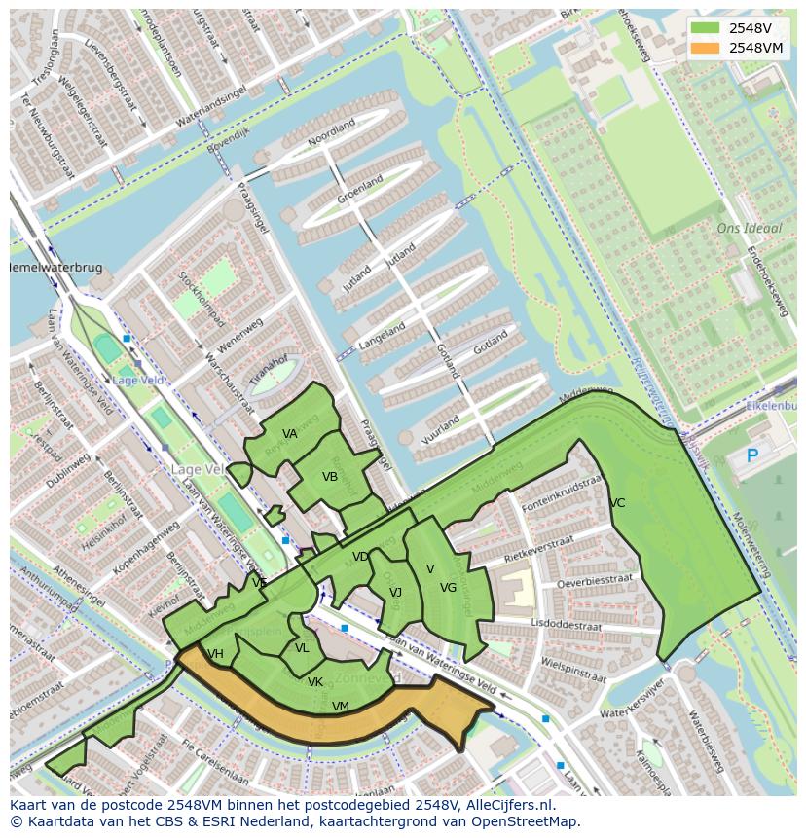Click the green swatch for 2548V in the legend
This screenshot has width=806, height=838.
[x=706, y=28]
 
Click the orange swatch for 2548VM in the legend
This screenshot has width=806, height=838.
[x=706, y=47]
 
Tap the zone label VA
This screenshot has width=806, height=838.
[x=290, y=434]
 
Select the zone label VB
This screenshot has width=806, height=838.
[x=330, y=477]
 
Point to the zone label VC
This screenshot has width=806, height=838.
[x=617, y=503]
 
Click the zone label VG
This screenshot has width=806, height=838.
[x=448, y=588]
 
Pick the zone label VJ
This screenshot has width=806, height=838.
[x=395, y=592]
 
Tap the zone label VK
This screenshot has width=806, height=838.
[x=315, y=682]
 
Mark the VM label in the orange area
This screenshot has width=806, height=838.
[x=340, y=707]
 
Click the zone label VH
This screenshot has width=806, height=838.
[x=216, y=654]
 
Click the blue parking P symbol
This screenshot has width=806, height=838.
[x=751, y=455]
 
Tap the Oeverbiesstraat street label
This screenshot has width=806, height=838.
[x=594, y=581]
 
